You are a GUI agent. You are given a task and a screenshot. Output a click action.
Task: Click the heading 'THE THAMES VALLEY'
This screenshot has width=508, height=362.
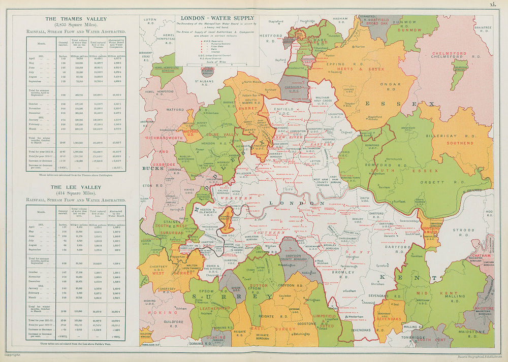76,19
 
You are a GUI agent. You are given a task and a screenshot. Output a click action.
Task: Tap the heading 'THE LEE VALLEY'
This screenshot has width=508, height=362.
76,187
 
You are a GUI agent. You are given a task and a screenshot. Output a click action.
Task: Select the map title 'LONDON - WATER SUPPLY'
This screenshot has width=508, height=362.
218,18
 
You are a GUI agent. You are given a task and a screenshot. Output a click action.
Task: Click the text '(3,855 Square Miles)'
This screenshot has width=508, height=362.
76,25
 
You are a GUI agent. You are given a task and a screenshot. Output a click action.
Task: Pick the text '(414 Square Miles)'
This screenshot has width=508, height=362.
76,193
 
